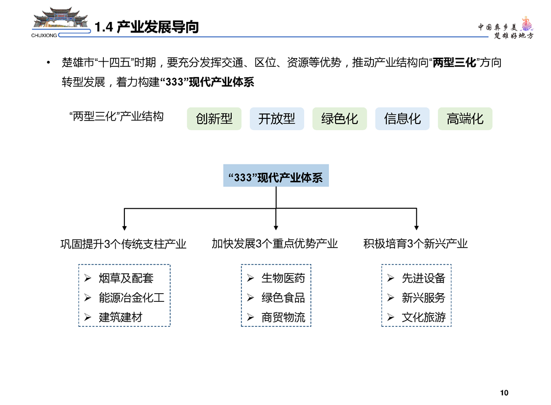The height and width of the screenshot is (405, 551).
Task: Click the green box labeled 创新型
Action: click(x=214, y=119)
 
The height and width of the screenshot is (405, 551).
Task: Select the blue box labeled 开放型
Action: click(x=277, y=119)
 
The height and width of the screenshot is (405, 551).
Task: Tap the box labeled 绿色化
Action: click(x=340, y=119)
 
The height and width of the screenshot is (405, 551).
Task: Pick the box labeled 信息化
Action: click(x=402, y=119)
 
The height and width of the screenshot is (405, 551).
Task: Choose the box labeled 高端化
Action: click(x=465, y=119)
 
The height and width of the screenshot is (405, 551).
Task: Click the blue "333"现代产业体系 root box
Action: click(x=276, y=176)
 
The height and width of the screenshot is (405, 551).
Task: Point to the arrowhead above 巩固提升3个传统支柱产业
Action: click(x=124, y=228)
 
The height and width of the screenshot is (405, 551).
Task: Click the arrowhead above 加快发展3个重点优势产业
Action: click(x=276, y=228)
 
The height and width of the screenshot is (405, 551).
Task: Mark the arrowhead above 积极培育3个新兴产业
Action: click(x=416, y=228)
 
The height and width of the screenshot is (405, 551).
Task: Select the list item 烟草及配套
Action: click(x=126, y=278)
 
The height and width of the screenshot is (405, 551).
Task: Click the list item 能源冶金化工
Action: click(x=131, y=298)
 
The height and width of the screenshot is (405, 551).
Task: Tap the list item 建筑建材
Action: click(x=121, y=317)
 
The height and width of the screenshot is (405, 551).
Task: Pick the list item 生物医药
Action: click(x=283, y=278)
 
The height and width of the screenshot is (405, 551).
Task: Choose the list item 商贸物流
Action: click(x=283, y=317)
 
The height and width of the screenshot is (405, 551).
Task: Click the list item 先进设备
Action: click(x=424, y=278)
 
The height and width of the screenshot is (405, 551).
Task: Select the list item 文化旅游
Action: click(x=424, y=317)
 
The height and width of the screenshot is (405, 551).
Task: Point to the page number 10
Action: click(x=504, y=393)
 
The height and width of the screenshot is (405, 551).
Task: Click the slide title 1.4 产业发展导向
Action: click(x=146, y=27)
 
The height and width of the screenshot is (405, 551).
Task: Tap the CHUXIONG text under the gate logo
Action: click(x=44, y=35)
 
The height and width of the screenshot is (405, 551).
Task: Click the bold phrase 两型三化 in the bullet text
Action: click(x=454, y=63)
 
